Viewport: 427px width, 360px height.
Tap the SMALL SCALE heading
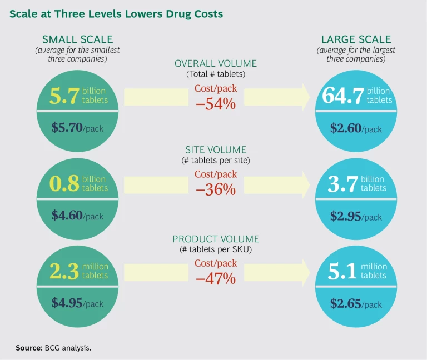click(x=77, y=39)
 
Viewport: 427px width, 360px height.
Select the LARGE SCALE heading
click(x=356, y=39)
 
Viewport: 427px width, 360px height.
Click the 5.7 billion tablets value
click(x=77, y=96)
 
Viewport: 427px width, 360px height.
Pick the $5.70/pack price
click(x=77, y=128)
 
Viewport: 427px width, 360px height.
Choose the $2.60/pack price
click(x=356, y=128)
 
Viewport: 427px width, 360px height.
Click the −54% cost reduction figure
click(x=216, y=103)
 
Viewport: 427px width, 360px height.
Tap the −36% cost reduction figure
click(x=216, y=189)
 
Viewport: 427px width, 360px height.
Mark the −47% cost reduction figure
click(x=216, y=278)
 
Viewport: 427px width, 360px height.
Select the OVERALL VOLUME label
click(x=215, y=63)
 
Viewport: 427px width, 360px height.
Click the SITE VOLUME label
click(x=216, y=150)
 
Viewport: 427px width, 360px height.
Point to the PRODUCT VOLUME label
click(x=216, y=239)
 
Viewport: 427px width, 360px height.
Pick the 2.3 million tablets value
click(x=78, y=272)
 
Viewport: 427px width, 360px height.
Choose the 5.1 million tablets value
click(x=356, y=272)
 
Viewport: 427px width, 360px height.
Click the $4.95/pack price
click(x=77, y=303)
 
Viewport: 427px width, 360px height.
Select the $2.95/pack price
click(x=356, y=216)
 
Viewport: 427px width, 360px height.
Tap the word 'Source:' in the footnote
click(x=28, y=347)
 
